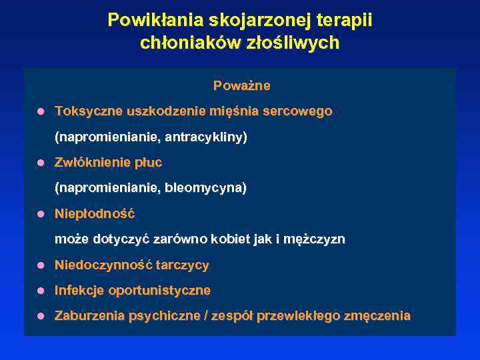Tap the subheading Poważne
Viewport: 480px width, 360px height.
(x=241, y=86)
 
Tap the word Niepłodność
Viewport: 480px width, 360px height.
(x=95, y=214)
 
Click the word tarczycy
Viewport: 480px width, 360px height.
(x=183, y=265)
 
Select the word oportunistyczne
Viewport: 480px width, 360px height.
(x=159, y=291)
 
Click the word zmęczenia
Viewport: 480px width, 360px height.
(x=377, y=316)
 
